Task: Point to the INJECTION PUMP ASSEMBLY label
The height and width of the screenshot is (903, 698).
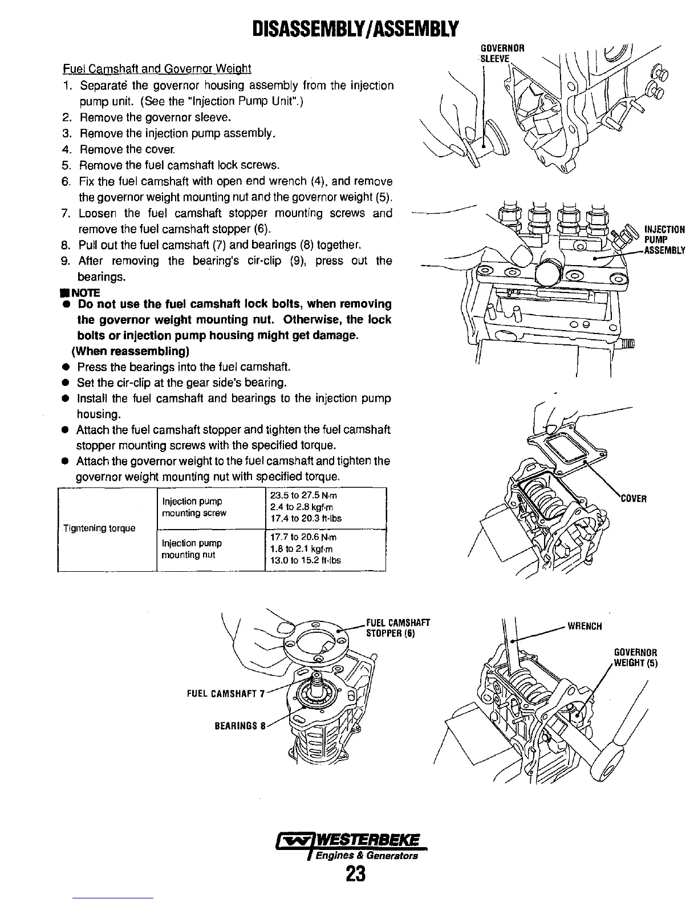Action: point(664,240)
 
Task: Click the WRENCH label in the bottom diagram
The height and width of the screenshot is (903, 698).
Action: point(585,627)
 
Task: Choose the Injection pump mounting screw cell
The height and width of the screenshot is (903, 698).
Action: point(194,507)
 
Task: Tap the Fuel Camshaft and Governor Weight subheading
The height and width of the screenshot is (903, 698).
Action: point(157,70)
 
